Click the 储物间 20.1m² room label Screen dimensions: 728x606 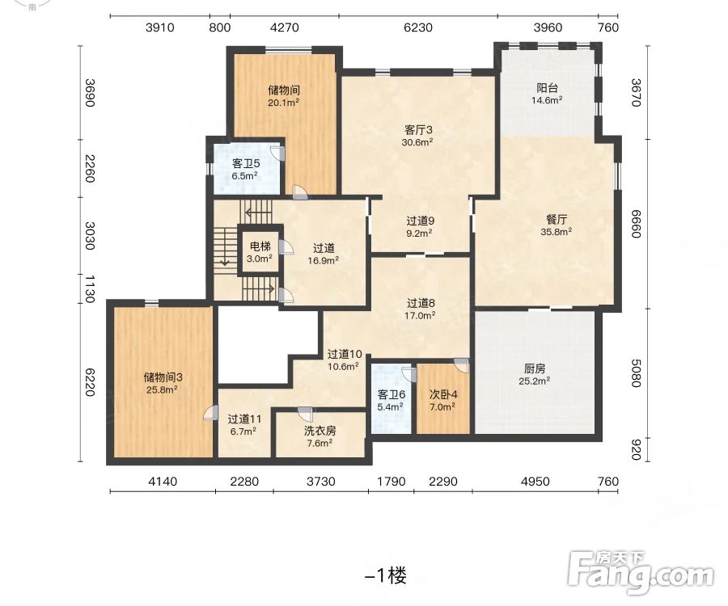point(283,96)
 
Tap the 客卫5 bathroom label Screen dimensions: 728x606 point(246,170)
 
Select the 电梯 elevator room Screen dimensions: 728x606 point(260,252)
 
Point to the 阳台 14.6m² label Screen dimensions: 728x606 point(547,94)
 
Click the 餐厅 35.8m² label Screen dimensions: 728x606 point(557,225)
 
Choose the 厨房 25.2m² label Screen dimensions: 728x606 point(535,375)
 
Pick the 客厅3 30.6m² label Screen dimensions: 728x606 point(418,136)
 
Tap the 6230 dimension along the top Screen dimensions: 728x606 point(418,27)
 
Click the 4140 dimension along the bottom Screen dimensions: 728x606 point(163,482)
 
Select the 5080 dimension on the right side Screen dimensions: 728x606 point(636,372)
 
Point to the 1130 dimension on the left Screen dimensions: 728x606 point(90,288)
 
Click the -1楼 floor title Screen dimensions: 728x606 point(386,576)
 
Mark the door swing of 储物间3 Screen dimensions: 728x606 point(211,413)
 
